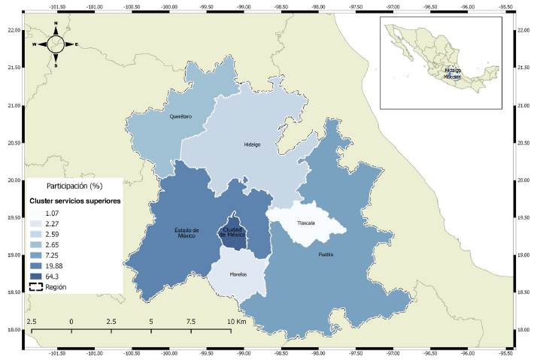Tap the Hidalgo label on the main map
click(x=252, y=145)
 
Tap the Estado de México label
click(x=186, y=233)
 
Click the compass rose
click(x=55, y=44)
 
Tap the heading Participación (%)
click(x=74, y=185)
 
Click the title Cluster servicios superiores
click(x=75, y=201)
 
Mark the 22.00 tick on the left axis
click(x=13, y=31)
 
